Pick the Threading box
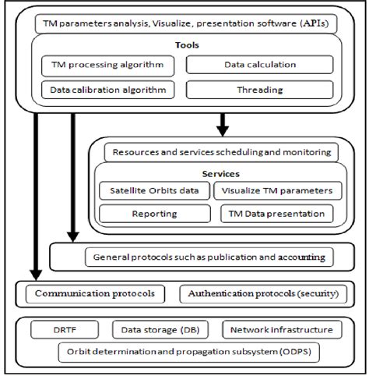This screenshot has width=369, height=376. [x=260, y=90]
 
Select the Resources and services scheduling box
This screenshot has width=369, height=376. [x=221, y=151]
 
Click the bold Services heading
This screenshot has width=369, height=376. [x=221, y=173]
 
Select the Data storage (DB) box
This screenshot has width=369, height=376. [x=163, y=330]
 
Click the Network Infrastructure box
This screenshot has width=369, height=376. [x=282, y=330]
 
